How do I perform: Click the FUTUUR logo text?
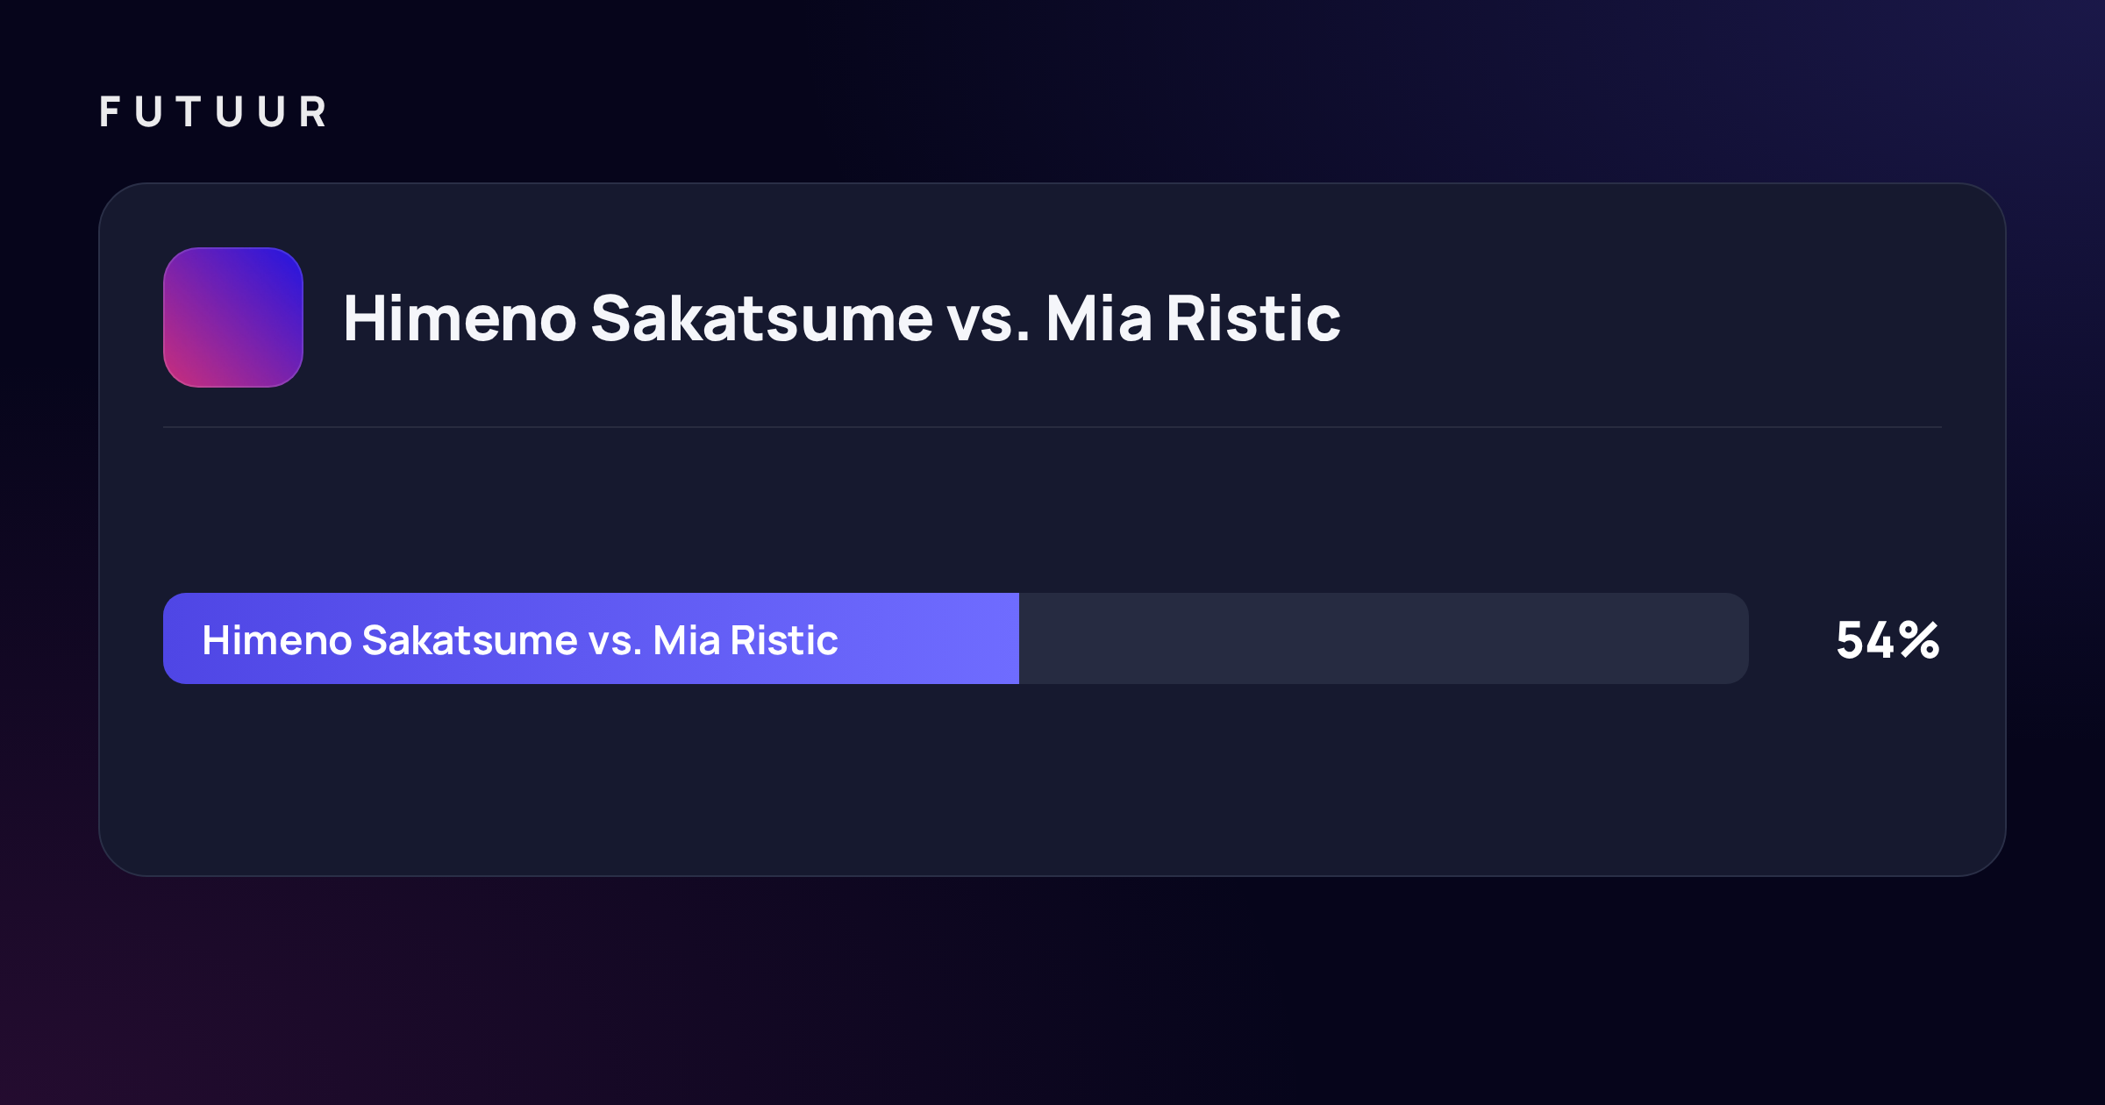coord(213,112)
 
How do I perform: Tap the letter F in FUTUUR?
coord(110,112)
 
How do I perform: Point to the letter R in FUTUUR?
coord(313,112)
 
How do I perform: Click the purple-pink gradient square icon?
coord(233,317)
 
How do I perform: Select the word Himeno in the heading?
coord(460,318)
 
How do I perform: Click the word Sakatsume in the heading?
coord(762,318)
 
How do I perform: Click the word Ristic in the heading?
coord(1253,318)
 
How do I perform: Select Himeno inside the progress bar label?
coord(276,640)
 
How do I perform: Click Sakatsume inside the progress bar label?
coord(469,640)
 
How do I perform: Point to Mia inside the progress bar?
coord(687,640)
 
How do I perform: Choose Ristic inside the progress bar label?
coord(784,640)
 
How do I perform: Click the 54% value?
coord(1887,640)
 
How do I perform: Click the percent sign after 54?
coord(1920,640)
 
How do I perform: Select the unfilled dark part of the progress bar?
coord(1384,638)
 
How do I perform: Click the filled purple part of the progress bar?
coord(591,638)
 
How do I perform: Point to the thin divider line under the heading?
coord(1052,427)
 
